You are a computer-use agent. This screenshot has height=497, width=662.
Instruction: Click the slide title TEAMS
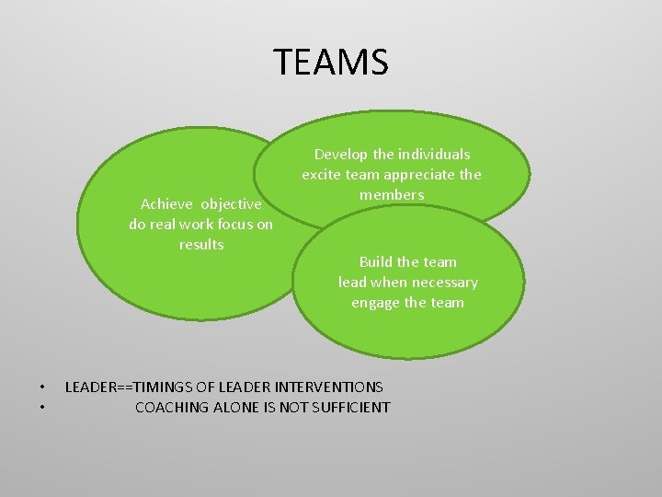331,63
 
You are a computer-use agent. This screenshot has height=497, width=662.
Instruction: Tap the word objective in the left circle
231,203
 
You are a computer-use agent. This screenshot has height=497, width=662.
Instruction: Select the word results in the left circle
201,244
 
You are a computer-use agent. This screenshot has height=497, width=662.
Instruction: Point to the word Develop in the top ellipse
341,155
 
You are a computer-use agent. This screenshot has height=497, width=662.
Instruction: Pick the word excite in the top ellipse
321,175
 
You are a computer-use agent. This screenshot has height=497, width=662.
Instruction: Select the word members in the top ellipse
392,195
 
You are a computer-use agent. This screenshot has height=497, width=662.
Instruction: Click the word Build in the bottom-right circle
376,262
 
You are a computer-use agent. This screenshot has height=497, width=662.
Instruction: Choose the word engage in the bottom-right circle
375,303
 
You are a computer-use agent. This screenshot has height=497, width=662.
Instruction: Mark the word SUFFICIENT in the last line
350,407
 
